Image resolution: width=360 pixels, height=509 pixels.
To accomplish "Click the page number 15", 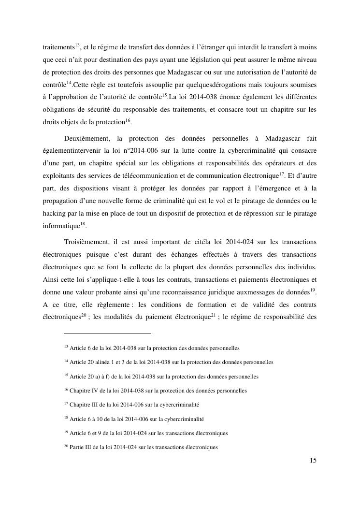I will tap(313, 461).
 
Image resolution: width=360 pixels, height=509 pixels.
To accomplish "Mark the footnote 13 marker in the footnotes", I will tap(66, 347).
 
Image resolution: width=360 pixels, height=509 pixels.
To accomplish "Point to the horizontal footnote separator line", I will tap(107, 334).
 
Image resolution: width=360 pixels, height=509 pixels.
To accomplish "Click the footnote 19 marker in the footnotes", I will tap(66, 432).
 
